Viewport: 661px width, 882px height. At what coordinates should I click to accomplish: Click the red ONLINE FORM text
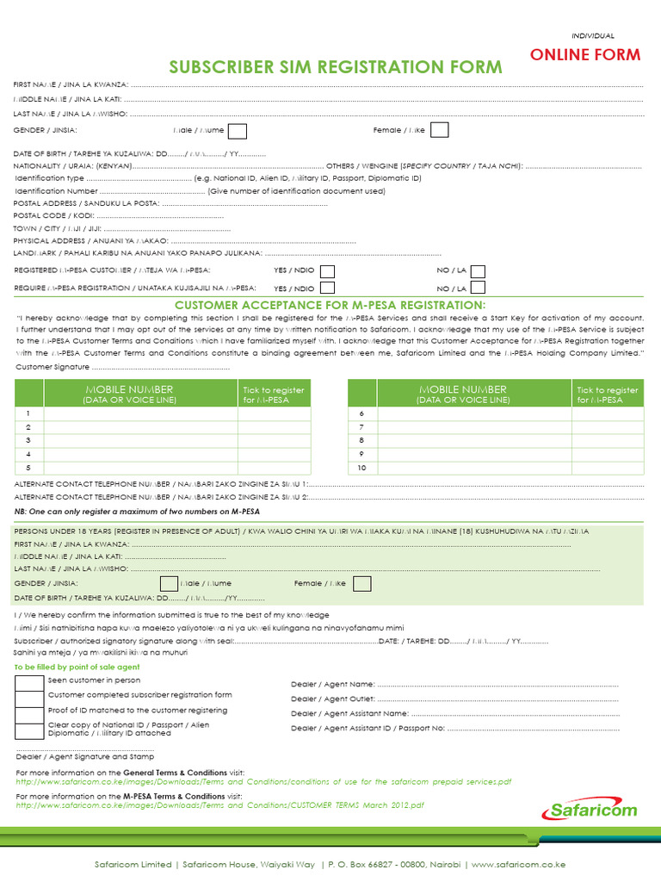[584, 55]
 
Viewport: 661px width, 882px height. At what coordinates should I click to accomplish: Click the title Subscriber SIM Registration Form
[336, 67]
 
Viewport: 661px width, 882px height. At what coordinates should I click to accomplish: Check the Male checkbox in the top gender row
[237, 131]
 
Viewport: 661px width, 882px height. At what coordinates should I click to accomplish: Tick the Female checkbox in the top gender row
[439, 130]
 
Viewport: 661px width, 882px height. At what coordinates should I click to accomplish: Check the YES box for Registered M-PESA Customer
[327, 270]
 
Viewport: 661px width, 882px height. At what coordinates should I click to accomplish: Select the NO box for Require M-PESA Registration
[478, 289]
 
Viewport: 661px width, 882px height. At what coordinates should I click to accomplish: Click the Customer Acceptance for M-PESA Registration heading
[330, 306]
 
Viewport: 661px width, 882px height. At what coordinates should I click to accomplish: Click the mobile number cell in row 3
[140, 440]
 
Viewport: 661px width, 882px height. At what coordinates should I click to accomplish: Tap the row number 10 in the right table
[362, 468]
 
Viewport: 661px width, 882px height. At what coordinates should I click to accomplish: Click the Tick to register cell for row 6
[608, 413]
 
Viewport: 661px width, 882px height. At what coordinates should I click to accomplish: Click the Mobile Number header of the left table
[127, 394]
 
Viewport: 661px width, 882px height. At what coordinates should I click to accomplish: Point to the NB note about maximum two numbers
[137, 511]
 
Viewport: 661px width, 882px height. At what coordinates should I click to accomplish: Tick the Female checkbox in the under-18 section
[362, 583]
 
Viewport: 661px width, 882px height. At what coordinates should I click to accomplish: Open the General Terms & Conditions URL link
[263, 782]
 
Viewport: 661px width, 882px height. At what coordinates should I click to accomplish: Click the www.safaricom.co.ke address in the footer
[518, 864]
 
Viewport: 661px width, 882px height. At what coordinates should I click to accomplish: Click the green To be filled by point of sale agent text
[77, 667]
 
